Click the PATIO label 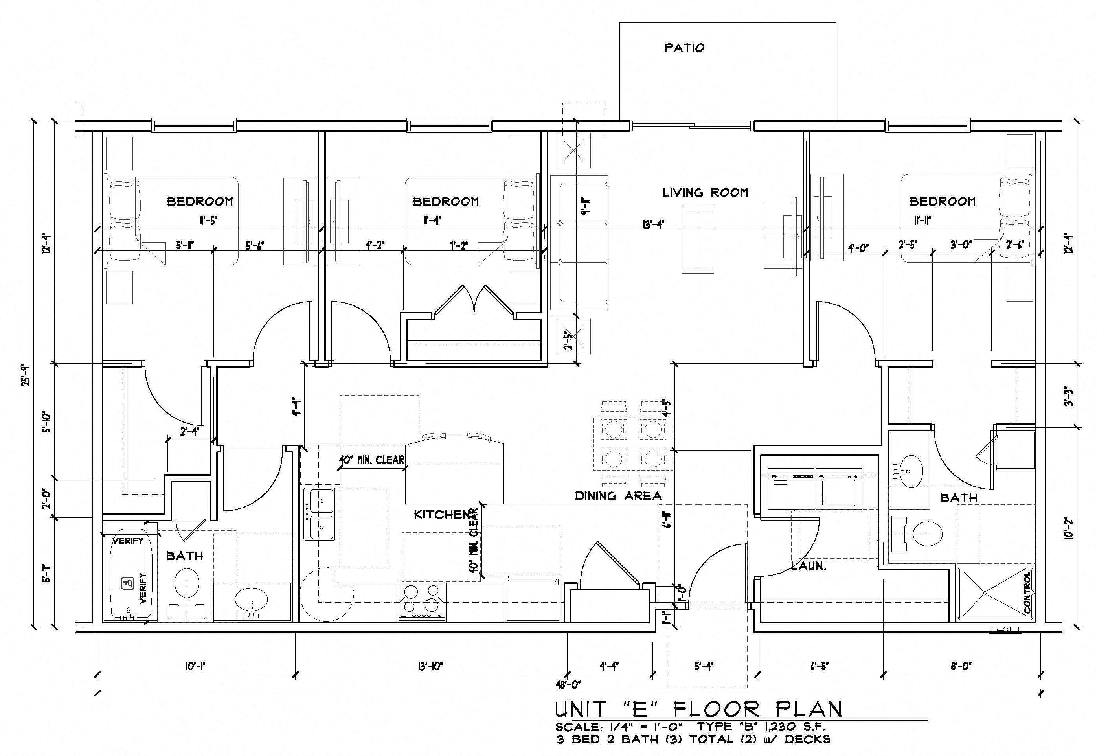pyautogui.click(x=684, y=48)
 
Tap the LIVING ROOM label pyautogui.click(x=705, y=192)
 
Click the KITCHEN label pyautogui.click(x=440, y=514)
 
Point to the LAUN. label pyautogui.click(x=809, y=566)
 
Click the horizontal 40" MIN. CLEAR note pyautogui.click(x=372, y=460)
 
